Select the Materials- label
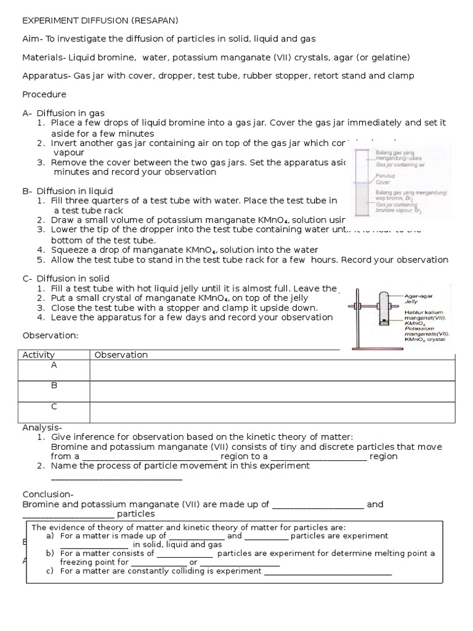pos(43,57)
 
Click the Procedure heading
pos(44,94)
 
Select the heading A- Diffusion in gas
pos(63,113)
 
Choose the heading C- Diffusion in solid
pos(66,279)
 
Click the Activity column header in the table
pos(38,354)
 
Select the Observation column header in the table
pos(121,354)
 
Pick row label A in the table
pos(54,365)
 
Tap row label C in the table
pos(54,407)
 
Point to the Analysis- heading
pos(42,428)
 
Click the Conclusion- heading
pos(48,494)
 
